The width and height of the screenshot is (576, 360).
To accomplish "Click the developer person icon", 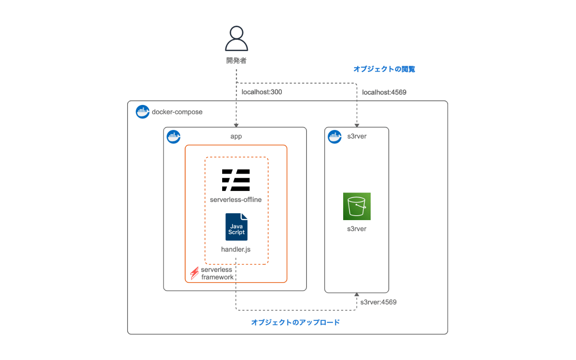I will click(237, 39).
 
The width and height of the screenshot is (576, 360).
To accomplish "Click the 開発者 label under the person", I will click(237, 61).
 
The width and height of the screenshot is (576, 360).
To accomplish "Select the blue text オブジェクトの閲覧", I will click(384, 69).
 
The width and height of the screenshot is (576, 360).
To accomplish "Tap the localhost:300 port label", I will click(262, 92).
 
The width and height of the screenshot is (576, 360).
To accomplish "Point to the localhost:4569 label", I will click(384, 93).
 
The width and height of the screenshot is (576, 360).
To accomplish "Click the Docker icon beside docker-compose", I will click(143, 112).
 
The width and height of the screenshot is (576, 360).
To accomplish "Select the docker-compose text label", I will click(177, 112).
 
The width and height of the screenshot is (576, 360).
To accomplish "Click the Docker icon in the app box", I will click(174, 137).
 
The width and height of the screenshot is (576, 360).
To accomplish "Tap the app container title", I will click(236, 137).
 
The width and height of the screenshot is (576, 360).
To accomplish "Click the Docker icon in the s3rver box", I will click(335, 137).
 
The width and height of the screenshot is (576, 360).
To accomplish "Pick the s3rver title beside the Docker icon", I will click(357, 137).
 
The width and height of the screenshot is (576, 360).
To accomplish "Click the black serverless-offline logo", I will click(236, 180).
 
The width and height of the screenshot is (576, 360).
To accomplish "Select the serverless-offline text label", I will click(236, 200).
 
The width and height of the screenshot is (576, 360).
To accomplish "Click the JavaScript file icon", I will click(237, 227).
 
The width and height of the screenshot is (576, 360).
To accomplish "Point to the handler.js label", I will click(236, 249).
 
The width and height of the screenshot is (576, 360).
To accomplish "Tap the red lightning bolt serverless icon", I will click(194, 273).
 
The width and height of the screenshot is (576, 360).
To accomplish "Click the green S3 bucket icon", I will click(357, 207).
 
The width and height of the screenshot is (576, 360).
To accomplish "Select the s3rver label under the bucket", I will click(357, 229).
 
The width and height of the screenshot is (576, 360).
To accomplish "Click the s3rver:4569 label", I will click(378, 302).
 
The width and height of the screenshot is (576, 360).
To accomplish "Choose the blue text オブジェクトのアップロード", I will click(295, 323).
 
